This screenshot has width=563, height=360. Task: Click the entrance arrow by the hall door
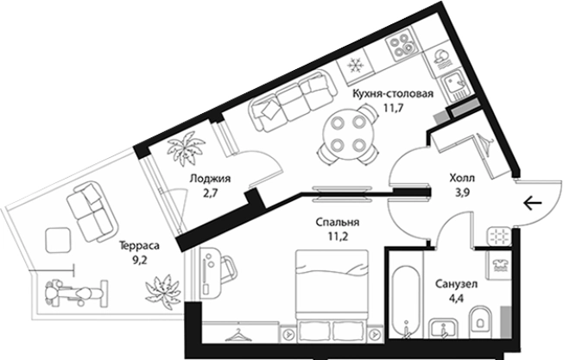click(x=533, y=204)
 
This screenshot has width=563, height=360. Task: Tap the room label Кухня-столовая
click(x=393, y=94)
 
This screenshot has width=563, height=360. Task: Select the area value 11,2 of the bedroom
click(x=337, y=237)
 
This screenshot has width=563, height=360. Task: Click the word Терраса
click(x=139, y=246)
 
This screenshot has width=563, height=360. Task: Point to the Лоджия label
click(x=210, y=179)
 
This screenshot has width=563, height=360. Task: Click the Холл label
click(x=462, y=178)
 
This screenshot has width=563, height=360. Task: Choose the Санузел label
click(x=457, y=284)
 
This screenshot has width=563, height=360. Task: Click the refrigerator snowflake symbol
click(x=355, y=66)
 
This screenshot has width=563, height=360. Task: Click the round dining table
click(x=348, y=134)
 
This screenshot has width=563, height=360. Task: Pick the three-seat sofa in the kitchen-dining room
click(x=293, y=101)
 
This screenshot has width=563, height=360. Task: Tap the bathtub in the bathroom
click(x=405, y=302)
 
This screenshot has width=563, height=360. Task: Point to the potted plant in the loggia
click(x=186, y=148)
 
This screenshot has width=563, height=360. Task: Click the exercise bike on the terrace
click(x=77, y=294)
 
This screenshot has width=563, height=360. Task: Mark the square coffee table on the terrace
click(x=58, y=240)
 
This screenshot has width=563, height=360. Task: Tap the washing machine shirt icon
click(x=498, y=264)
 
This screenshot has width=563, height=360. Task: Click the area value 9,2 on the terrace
click(x=139, y=260)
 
